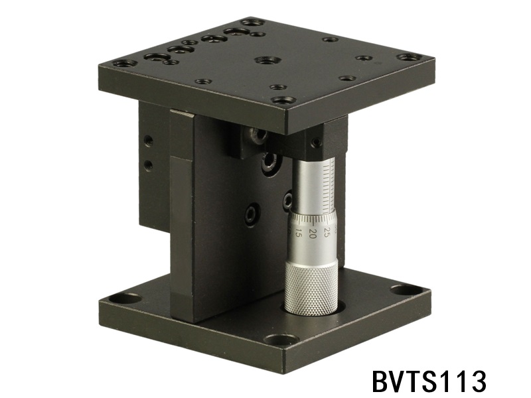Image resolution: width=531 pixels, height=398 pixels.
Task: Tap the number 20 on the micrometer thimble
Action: coord(311,233)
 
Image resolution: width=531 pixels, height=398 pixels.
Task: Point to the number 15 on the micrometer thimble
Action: coord(298,234)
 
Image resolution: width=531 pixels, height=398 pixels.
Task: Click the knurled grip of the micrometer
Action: coord(311,285)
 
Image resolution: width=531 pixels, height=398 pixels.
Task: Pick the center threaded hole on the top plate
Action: coord(268,60)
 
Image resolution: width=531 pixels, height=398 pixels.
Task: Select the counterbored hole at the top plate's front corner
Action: coord(283,101)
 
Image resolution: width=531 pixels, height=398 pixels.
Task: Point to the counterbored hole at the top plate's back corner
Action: coord(252,22)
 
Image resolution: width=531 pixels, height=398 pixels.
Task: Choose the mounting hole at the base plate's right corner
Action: coord(401,290)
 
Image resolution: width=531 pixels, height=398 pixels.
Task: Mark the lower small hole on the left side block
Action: coord(147,163)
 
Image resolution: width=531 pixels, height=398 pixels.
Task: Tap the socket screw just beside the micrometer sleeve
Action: coord(287,202)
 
